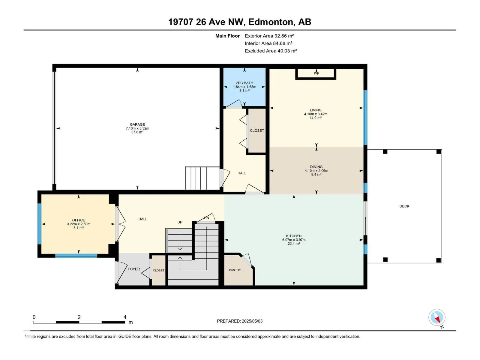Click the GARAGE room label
click(x=137, y=124)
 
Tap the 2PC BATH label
click(x=244, y=83)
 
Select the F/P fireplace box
click(x=316, y=74)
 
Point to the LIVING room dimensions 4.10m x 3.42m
click(x=316, y=114)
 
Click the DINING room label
click(x=316, y=167)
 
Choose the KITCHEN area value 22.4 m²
click(x=294, y=244)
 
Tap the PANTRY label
click(x=235, y=270)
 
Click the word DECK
click(x=404, y=206)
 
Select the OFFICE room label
click(x=79, y=220)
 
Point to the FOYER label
click(x=133, y=269)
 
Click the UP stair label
click(x=180, y=222)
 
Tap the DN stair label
click(x=206, y=218)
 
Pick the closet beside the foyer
click(x=158, y=270)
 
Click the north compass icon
click(x=437, y=317)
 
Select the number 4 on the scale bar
click(x=125, y=317)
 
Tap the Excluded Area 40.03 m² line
click(x=271, y=51)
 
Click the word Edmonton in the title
click(x=271, y=22)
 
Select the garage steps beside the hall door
click(x=202, y=178)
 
